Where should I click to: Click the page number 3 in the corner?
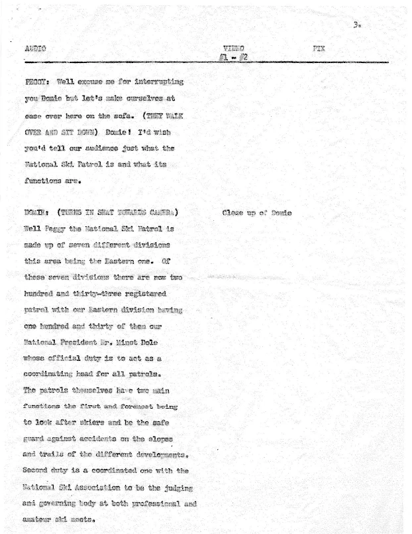click(357, 25)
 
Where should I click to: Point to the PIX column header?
click(318, 48)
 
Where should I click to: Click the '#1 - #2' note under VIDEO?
click(233, 57)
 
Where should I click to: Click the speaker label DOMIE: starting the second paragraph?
click(37, 213)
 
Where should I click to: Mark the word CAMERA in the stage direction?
click(164, 213)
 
